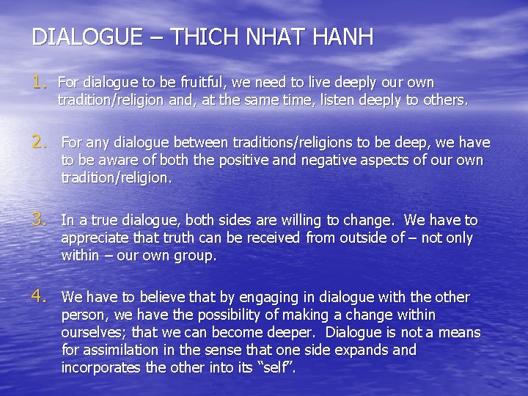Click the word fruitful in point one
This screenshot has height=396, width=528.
(x=199, y=82)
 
